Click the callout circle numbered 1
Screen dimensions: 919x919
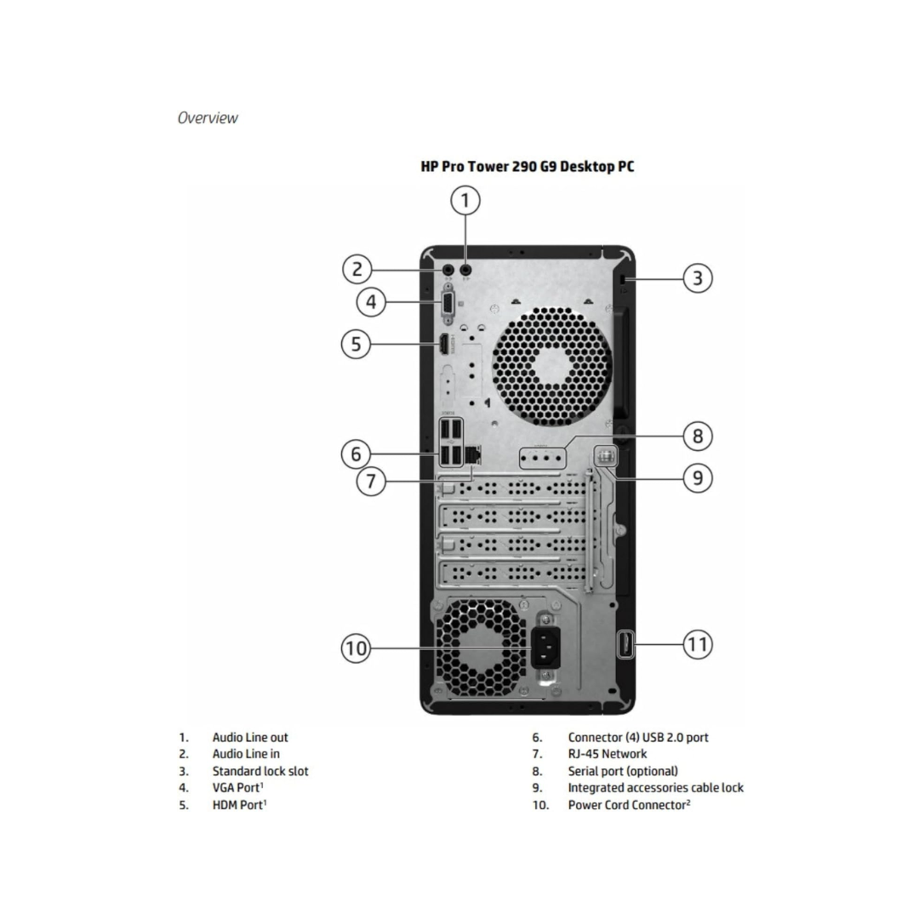click(465, 202)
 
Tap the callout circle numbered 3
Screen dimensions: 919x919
click(697, 277)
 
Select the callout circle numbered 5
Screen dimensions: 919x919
click(357, 344)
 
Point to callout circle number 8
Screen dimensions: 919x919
click(697, 437)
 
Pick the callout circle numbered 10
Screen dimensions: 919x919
click(357, 648)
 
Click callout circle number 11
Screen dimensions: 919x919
click(697, 644)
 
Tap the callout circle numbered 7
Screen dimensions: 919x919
click(371, 482)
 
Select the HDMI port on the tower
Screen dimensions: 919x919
click(443, 345)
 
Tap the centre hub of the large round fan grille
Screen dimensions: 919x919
click(551, 365)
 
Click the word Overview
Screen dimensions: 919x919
click(208, 118)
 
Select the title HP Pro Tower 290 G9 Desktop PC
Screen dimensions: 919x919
click(528, 167)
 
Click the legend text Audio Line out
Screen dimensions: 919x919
click(250, 738)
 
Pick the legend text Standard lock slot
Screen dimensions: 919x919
click(260, 771)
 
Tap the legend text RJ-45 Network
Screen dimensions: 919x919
click(608, 754)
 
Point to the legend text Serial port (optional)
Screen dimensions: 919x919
click(623, 771)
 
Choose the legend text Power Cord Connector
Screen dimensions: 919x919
click(627, 805)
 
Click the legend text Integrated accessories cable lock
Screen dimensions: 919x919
click(655, 788)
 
